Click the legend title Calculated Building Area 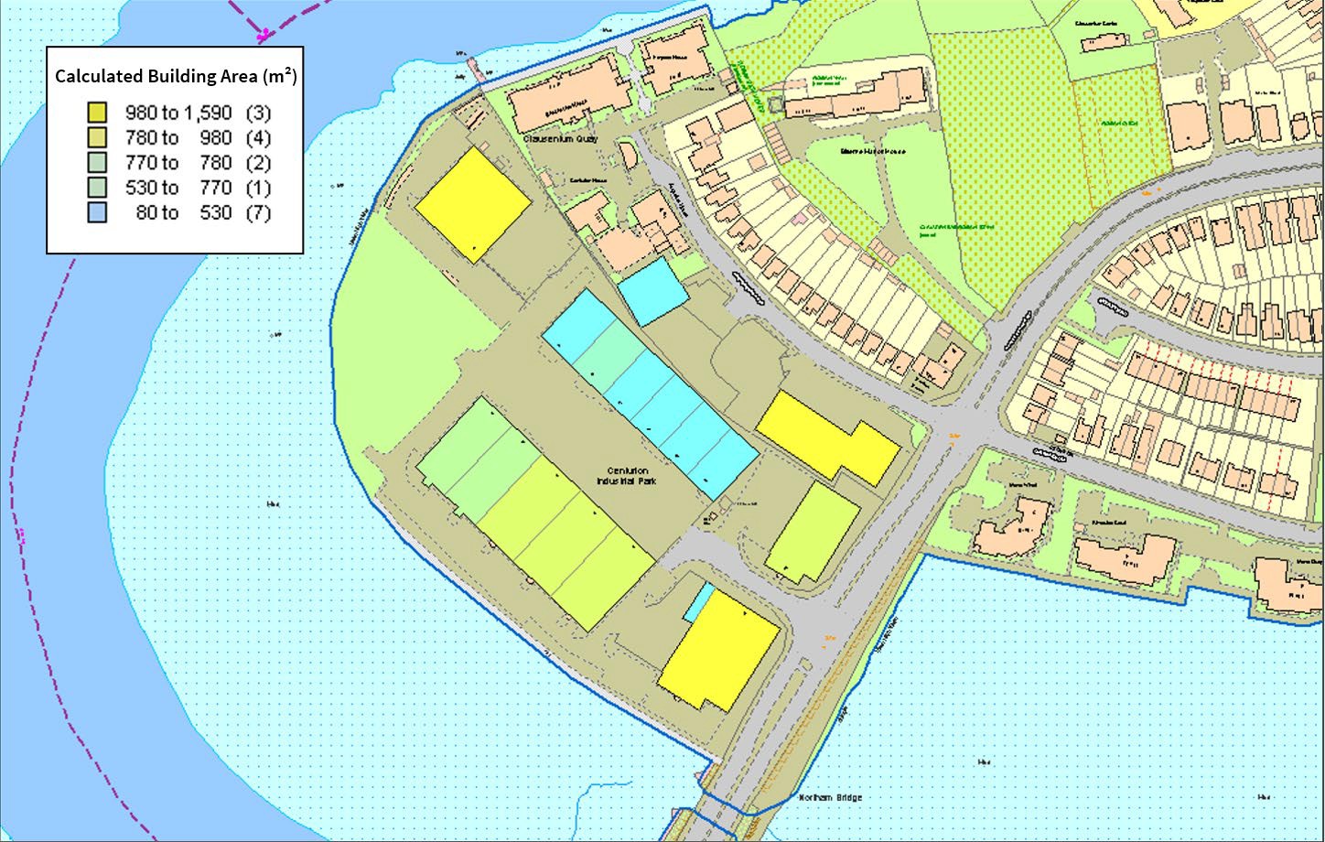click(175, 76)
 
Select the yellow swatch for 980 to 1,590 click(97, 113)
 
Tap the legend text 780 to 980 click(179, 138)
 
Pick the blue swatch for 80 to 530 click(97, 212)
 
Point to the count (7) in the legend click(258, 212)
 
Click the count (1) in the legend click(258, 188)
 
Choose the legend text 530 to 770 click(179, 188)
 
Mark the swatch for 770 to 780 click(97, 163)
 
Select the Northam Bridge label click(830, 797)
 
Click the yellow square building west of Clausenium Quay click(472, 205)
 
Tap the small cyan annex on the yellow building click(700, 600)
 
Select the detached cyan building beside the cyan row click(652, 291)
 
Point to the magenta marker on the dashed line click(264, 35)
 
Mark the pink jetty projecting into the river click(474, 70)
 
